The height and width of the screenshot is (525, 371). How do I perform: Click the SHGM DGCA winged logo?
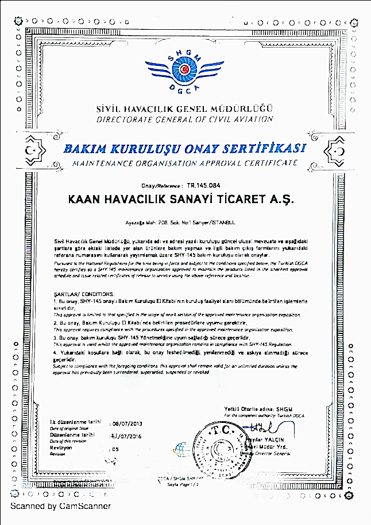[185, 71]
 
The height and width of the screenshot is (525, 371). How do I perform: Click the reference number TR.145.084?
[200, 186]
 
